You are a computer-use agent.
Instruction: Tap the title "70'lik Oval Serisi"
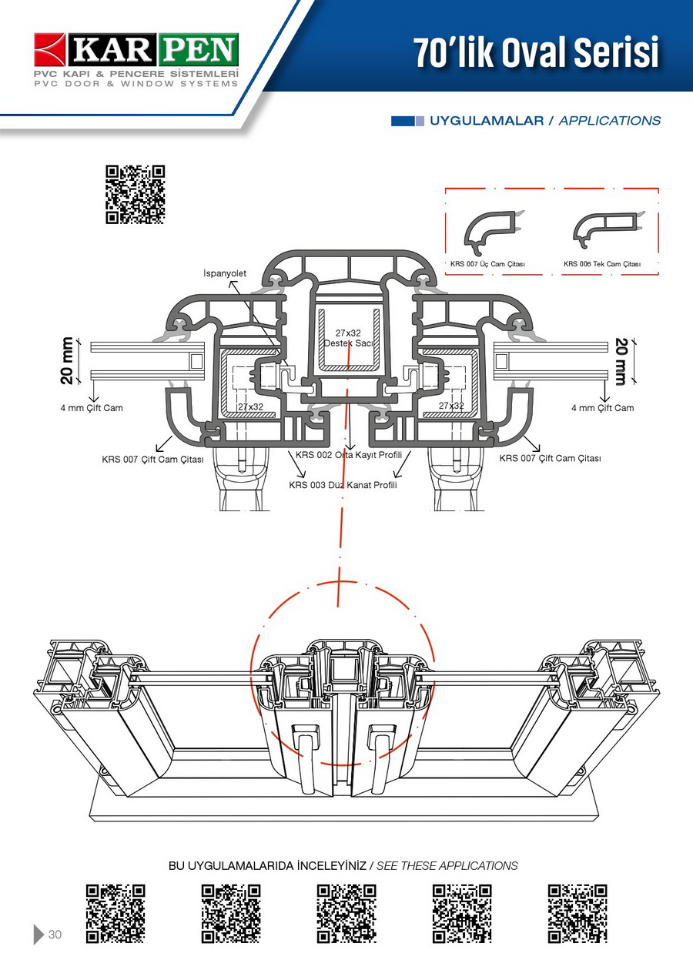[x=537, y=52]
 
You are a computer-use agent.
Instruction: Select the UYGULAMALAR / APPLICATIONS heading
[x=544, y=121]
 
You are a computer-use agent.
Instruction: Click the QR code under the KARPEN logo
[x=136, y=194]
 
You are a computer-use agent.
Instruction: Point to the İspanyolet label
[x=225, y=274]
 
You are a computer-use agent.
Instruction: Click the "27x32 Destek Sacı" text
[x=348, y=338]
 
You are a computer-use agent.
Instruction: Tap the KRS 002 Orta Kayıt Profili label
[x=349, y=455]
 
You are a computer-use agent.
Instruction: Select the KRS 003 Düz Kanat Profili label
[x=343, y=485]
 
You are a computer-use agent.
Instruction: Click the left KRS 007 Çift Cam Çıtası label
[x=152, y=460]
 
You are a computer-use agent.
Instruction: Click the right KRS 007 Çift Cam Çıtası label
[x=550, y=459]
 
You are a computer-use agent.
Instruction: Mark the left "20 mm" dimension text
[x=69, y=361]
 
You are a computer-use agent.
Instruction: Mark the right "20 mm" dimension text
[x=621, y=360]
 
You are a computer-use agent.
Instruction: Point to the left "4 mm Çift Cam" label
[x=92, y=408]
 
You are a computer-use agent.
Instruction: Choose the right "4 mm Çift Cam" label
[x=602, y=408]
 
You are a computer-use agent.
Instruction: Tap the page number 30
[x=55, y=935]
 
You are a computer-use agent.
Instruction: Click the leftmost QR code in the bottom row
[x=115, y=914]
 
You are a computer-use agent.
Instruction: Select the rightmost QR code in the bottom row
[x=577, y=914]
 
